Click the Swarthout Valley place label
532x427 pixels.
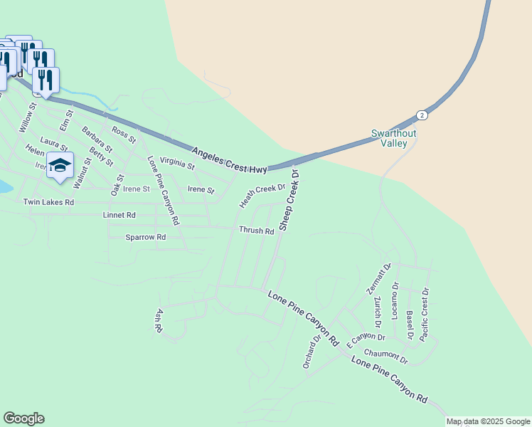click(x=393, y=138)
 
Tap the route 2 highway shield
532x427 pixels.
click(x=422, y=115)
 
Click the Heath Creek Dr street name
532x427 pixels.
click(x=262, y=196)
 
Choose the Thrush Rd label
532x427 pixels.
click(x=256, y=231)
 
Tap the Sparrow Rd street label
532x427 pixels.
click(x=145, y=237)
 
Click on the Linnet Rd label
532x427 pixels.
click(x=119, y=215)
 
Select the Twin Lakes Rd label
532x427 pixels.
click(x=48, y=202)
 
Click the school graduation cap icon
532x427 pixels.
click(x=60, y=166)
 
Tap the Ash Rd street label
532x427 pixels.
click(x=159, y=321)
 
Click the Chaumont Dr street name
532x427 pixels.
click(x=385, y=354)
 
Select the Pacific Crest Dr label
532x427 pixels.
click(x=425, y=314)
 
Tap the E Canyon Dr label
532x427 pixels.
click(x=366, y=340)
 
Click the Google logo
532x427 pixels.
click(x=23, y=418)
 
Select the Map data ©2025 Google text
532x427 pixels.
click(x=489, y=421)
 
